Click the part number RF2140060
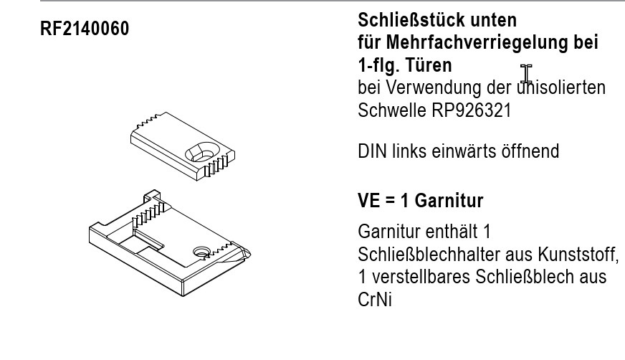85,29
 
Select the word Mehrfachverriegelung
477,42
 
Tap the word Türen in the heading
429,65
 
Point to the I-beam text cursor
526,74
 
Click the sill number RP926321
471,110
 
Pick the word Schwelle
392,110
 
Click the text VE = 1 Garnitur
421,201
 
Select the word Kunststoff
578,255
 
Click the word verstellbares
421,277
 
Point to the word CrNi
375,300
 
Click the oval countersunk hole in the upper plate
203,152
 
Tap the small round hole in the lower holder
201,252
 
